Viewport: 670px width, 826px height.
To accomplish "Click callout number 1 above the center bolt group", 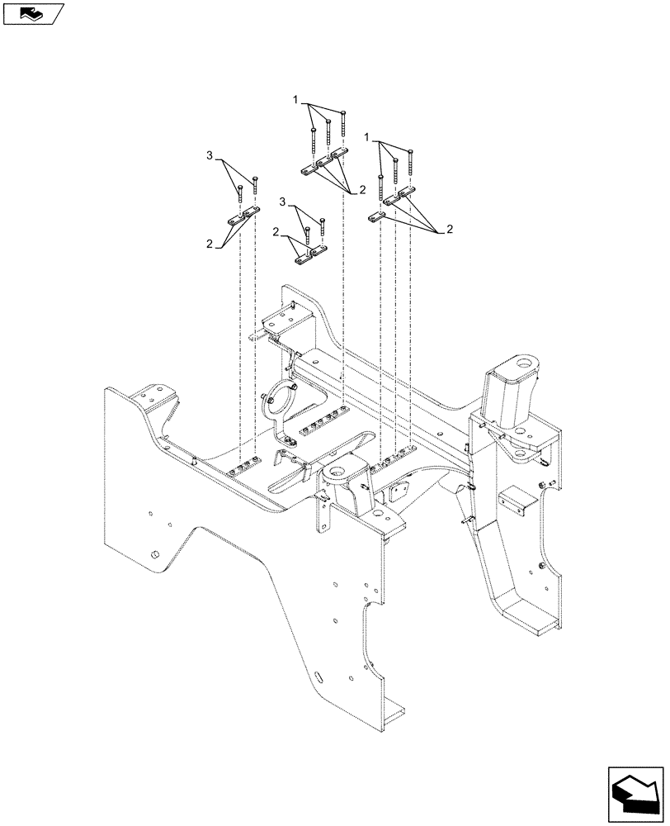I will point(295,100).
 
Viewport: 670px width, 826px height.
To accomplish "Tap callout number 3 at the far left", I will point(210,155).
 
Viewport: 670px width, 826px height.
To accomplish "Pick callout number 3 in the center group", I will point(284,202).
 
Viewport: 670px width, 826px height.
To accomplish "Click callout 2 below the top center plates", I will point(362,191).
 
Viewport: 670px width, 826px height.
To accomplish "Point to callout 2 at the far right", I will point(451,229).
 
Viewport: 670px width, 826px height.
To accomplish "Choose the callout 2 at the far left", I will point(210,244).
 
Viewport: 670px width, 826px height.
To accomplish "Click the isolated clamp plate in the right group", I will point(376,216).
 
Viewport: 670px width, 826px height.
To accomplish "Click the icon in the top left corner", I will point(32,12).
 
